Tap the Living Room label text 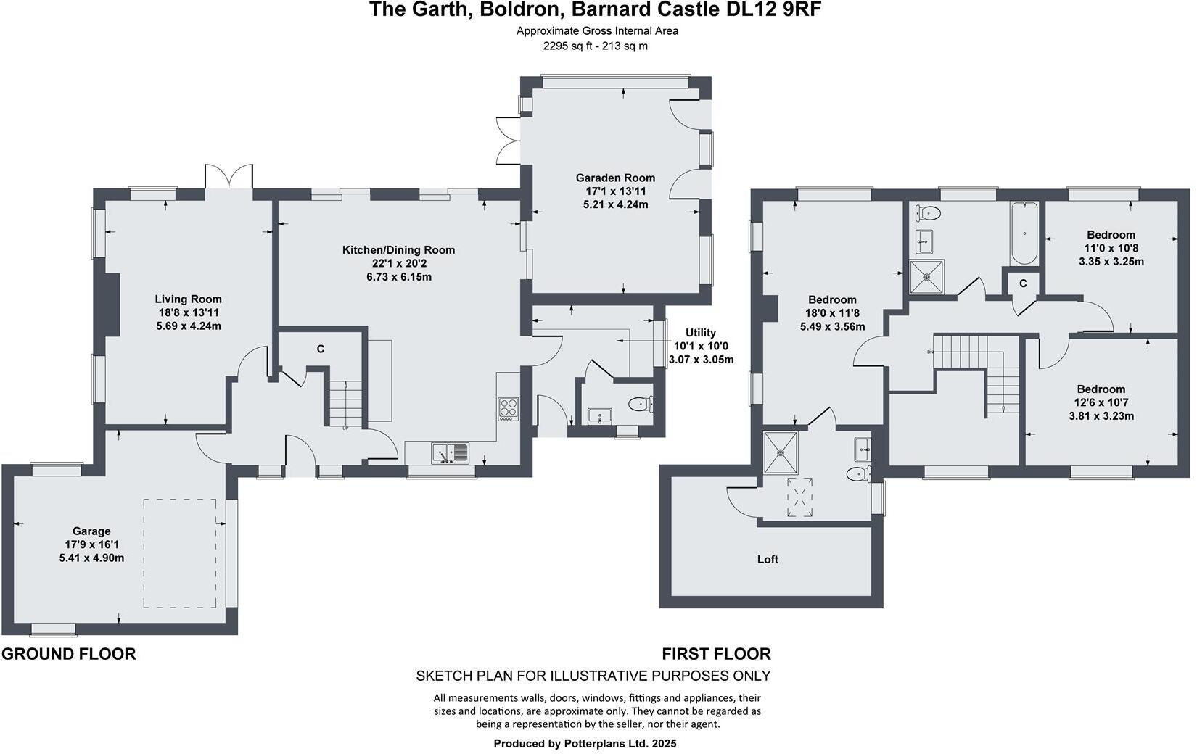(188, 299)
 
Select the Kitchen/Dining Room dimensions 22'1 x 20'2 (398, 264)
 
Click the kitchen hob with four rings (508, 410)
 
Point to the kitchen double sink (451, 453)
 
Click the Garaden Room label (615, 178)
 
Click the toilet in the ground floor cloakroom (640, 405)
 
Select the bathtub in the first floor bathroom (1024, 233)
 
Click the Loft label (768, 559)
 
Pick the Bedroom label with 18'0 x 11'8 (832, 299)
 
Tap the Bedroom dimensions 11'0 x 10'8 (1111, 248)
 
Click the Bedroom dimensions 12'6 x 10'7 (1101, 402)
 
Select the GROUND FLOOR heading (69, 654)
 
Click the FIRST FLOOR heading (716, 654)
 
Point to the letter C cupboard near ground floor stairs (320, 349)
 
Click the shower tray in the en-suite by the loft (781, 452)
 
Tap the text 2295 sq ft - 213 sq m (596, 46)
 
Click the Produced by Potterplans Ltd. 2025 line (585, 743)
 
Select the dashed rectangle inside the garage (180, 553)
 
